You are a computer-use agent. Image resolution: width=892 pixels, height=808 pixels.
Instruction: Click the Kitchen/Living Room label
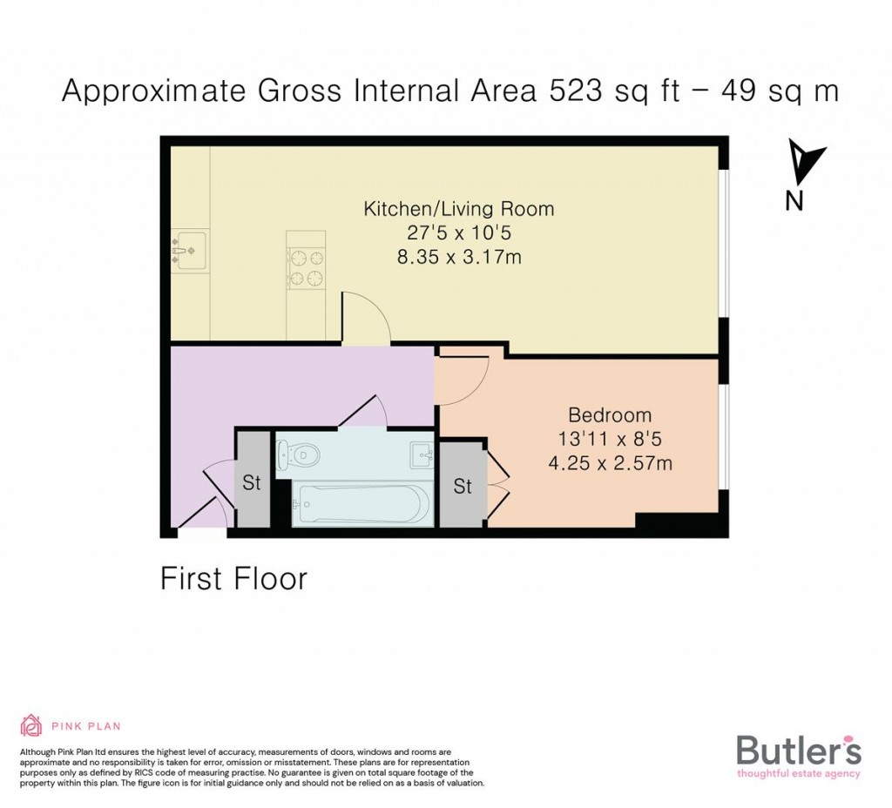coord(458,209)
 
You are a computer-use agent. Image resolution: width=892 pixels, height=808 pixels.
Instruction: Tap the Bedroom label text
coord(610,415)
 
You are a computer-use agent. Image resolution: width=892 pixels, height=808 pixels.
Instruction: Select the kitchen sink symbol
coord(189,251)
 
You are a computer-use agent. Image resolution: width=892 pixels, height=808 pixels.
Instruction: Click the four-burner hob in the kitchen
coord(306,267)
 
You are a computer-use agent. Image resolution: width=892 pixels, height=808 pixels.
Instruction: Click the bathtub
coord(362,504)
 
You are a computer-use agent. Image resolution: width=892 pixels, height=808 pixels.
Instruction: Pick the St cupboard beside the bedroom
coord(463,486)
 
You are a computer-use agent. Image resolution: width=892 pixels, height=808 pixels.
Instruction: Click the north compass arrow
coord(803,162)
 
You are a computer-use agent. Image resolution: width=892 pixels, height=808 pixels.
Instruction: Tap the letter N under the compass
coord(794,201)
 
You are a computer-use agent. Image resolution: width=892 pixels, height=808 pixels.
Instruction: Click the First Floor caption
coord(233,578)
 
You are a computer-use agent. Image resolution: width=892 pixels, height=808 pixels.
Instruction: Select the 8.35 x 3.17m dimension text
coord(458,257)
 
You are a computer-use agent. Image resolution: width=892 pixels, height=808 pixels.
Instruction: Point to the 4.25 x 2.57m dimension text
coord(610,463)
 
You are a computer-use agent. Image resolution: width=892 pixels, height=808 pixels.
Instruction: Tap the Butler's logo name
coord(798,750)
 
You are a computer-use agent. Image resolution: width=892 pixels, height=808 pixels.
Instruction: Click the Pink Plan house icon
coord(31,725)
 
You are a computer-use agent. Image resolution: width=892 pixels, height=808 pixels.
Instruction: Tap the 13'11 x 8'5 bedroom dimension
coord(610,440)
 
